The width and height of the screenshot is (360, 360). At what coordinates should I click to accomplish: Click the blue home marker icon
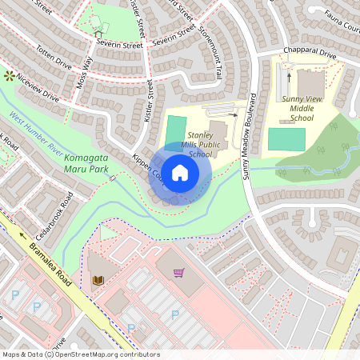180,173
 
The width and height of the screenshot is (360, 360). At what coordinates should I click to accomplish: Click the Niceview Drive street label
38,90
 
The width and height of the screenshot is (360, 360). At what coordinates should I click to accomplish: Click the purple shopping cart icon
178,273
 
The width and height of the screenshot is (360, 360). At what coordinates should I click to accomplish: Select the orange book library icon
99,279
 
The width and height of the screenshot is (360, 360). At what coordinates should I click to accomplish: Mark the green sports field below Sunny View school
286,138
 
